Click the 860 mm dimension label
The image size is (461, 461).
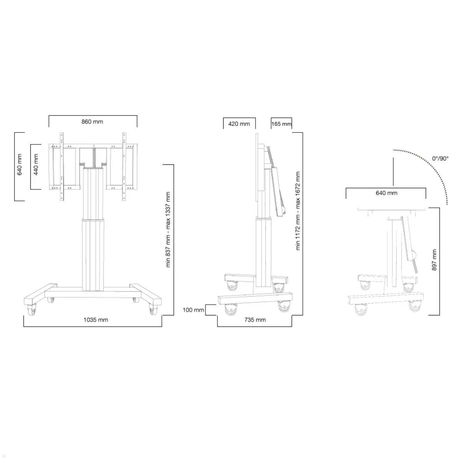(92, 122)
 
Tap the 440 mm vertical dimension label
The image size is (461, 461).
(36, 164)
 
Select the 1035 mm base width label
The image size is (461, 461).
(96, 320)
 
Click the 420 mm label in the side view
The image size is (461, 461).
(239, 124)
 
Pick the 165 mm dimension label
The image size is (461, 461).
(281, 124)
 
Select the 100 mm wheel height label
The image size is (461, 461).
(193, 310)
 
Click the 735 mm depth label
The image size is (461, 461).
(255, 320)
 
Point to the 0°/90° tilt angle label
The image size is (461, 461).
(440, 158)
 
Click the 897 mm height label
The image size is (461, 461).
(434, 260)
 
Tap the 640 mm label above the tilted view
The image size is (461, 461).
(386, 193)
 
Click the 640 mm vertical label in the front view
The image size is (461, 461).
(20, 164)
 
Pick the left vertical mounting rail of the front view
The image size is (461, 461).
(61, 166)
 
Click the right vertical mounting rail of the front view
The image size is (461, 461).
(124, 166)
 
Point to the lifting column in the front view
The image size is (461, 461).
(93, 230)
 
